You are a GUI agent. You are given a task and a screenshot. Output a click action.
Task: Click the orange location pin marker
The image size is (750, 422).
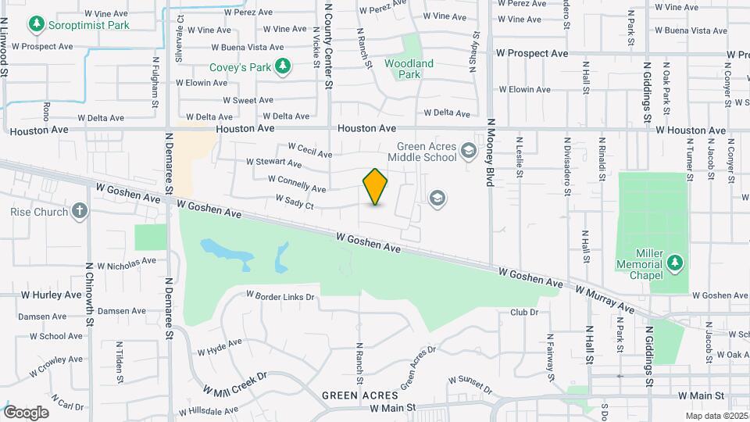pyautogui.click(x=376, y=187)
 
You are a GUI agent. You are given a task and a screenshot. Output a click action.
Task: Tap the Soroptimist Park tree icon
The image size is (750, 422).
pyautogui.click(x=35, y=24)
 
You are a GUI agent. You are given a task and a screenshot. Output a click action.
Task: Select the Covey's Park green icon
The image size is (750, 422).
pyautogui.click(x=283, y=67)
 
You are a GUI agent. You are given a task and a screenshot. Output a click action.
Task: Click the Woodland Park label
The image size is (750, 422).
pyautogui.click(x=409, y=69)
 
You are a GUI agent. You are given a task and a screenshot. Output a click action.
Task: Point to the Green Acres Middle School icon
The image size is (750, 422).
pyautogui.click(x=469, y=150)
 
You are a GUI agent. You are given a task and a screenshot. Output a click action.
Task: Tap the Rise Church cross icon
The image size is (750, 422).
pyautogui.click(x=79, y=211)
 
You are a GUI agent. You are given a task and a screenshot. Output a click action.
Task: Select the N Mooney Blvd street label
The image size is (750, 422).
pyautogui.click(x=491, y=152)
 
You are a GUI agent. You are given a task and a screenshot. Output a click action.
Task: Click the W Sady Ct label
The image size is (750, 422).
pyautogui.click(x=295, y=203)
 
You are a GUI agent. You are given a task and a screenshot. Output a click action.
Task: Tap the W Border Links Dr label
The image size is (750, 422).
pyautogui.click(x=280, y=297)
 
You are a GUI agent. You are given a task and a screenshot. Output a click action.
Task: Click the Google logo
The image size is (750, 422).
pyautogui.click(x=27, y=413)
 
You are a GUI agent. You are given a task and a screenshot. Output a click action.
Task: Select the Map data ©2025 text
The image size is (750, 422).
pyautogui.click(x=716, y=416)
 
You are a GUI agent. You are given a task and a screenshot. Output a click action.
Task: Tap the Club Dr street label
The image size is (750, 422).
pyautogui.click(x=524, y=313)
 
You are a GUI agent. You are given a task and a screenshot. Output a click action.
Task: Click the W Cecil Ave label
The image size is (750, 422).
pyautogui.click(x=310, y=148)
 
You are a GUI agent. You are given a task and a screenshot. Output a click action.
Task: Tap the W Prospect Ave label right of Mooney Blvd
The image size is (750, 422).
pyautogui.click(x=532, y=54)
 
